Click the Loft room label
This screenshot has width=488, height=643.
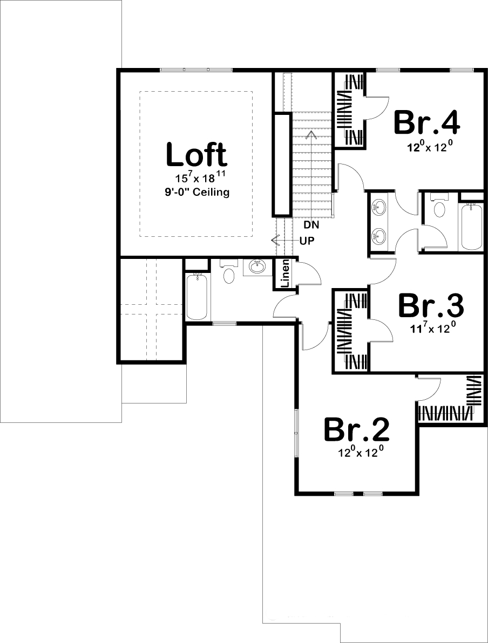pos(196,154)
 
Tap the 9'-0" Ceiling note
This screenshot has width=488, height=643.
pos(197,192)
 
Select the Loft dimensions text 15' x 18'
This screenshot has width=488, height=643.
pos(196,179)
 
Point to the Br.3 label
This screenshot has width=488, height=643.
pos(430,306)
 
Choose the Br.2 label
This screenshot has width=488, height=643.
pos(357,430)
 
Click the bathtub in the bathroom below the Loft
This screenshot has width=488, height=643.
pos(196,296)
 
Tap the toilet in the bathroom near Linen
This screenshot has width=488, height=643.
pos(229,272)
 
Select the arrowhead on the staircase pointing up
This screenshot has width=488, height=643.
pos(311,135)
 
